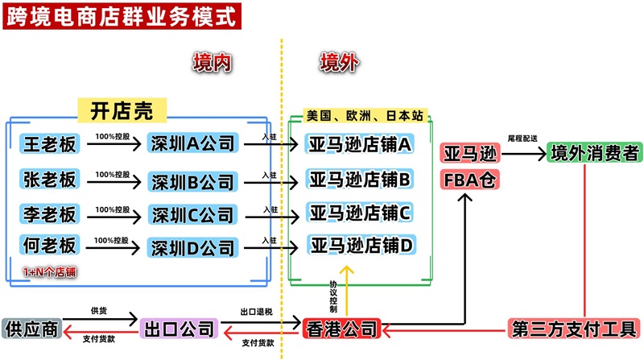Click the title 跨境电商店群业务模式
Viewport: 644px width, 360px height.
pyautogui.click(x=121, y=16)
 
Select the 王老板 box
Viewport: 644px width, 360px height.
pyautogui.click(x=50, y=144)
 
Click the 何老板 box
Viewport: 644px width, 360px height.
pyautogui.click(x=50, y=245)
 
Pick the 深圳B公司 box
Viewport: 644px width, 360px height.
pyautogui.click(x=192, y=180)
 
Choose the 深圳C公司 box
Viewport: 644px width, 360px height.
pyautogui.click(x=192, y=213)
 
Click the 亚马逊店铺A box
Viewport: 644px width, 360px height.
pyautogui.click(x=361, y=144)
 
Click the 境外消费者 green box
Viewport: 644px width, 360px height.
pyautogui.click(x=593, y=151)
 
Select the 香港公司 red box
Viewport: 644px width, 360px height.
pyautogui.click(x=341, y=329)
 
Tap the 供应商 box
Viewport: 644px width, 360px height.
pyautogui.click(x=31, y=329)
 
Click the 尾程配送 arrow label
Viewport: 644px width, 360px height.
pyautogui.click(x=522, y=139)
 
